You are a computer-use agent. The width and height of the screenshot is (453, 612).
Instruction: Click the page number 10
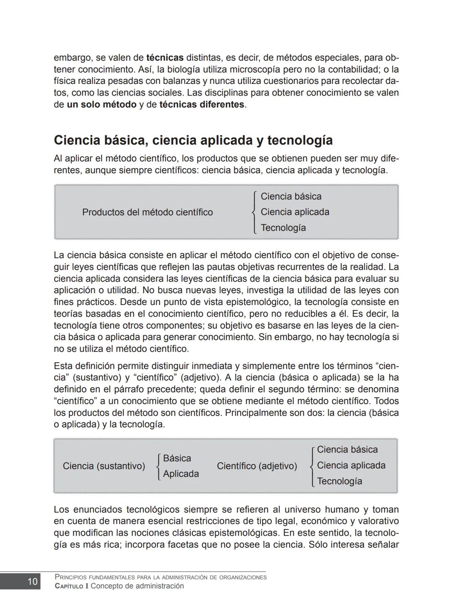click(32, 581)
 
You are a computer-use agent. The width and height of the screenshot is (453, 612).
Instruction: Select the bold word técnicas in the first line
click(165, 57)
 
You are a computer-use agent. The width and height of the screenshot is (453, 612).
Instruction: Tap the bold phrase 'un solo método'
click(102, 104)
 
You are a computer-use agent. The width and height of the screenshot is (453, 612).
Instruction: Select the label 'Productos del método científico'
click(147, 212)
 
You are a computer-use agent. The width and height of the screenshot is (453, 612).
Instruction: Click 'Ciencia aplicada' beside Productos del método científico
click(295, 212)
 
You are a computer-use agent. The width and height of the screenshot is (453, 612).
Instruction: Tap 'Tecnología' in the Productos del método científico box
click(283, 228)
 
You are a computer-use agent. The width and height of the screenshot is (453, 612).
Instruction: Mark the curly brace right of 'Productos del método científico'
click(254, 212)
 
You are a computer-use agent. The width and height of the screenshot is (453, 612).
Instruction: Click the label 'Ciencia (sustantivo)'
click(104, 466)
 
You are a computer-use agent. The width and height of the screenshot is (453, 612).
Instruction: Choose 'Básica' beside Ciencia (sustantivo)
click(177, 458)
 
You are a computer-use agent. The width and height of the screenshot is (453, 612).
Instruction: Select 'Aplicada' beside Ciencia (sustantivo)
click(181, 474)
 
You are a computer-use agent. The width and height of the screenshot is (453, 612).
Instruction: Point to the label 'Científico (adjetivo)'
click(257, 466)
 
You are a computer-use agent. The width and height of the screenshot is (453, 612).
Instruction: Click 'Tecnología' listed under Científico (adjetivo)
click(339, 481)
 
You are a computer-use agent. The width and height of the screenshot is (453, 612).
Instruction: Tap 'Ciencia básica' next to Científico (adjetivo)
click(347, 450)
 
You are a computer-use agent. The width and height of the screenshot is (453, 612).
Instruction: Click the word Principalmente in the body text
click(254, 413)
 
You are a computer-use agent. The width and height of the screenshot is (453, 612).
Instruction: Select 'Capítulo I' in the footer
click(71, 586)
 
